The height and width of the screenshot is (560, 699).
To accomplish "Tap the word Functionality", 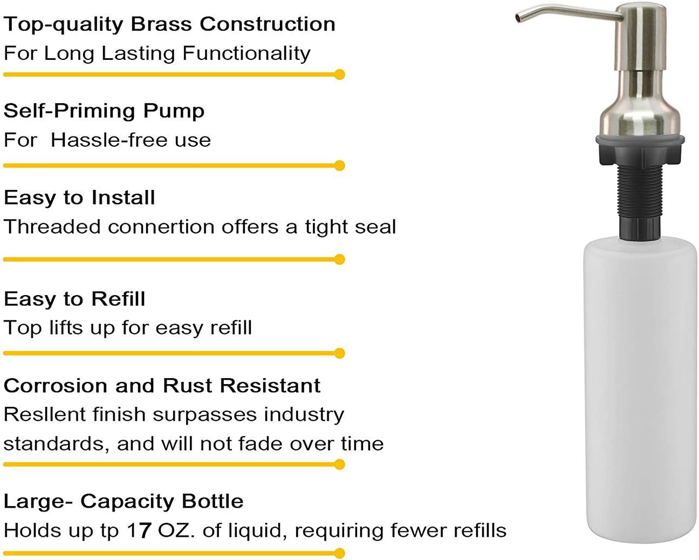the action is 246,53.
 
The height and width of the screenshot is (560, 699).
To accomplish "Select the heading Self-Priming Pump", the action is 104,112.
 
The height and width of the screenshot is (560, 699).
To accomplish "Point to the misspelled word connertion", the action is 161,227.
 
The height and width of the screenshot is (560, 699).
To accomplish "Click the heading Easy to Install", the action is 79,198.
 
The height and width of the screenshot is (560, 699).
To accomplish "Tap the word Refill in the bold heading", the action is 118,298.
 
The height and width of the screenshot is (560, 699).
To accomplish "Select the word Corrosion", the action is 55,386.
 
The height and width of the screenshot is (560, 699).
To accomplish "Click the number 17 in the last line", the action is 139,530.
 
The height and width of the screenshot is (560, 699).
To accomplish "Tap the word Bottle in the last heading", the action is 213,501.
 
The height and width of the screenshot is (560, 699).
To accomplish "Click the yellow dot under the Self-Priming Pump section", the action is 339,166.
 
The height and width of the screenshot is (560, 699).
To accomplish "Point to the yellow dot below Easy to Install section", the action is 339,259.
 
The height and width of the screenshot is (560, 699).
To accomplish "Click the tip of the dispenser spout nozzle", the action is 517,19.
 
